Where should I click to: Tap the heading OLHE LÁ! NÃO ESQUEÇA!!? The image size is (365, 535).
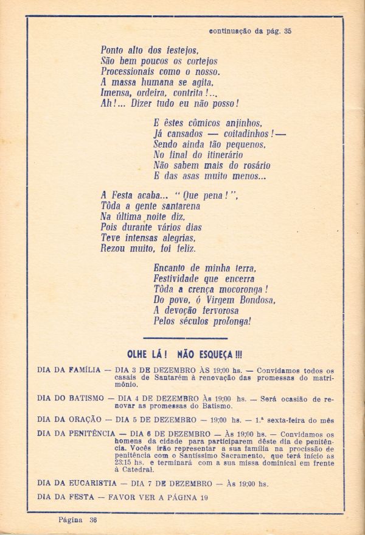184,354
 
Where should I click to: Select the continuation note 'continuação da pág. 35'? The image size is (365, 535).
250,30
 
